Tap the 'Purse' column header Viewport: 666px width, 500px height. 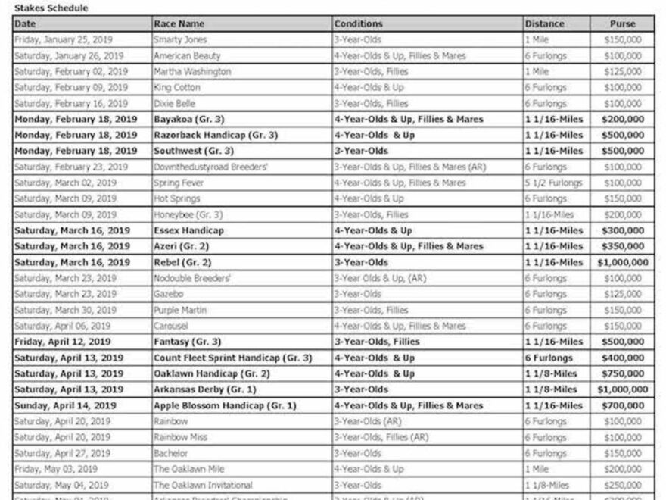click(622, 23)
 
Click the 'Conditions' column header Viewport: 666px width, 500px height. click(359, 23)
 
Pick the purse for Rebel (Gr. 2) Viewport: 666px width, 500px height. click(622, 262)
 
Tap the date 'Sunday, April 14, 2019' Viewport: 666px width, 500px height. click(65, 405)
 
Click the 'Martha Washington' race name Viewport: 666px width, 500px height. click(192, 71)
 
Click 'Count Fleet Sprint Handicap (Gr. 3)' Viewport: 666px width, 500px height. click(232, 358)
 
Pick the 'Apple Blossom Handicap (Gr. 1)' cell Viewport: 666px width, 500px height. click(225, 405)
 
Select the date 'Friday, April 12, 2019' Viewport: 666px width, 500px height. click(62, 342)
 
